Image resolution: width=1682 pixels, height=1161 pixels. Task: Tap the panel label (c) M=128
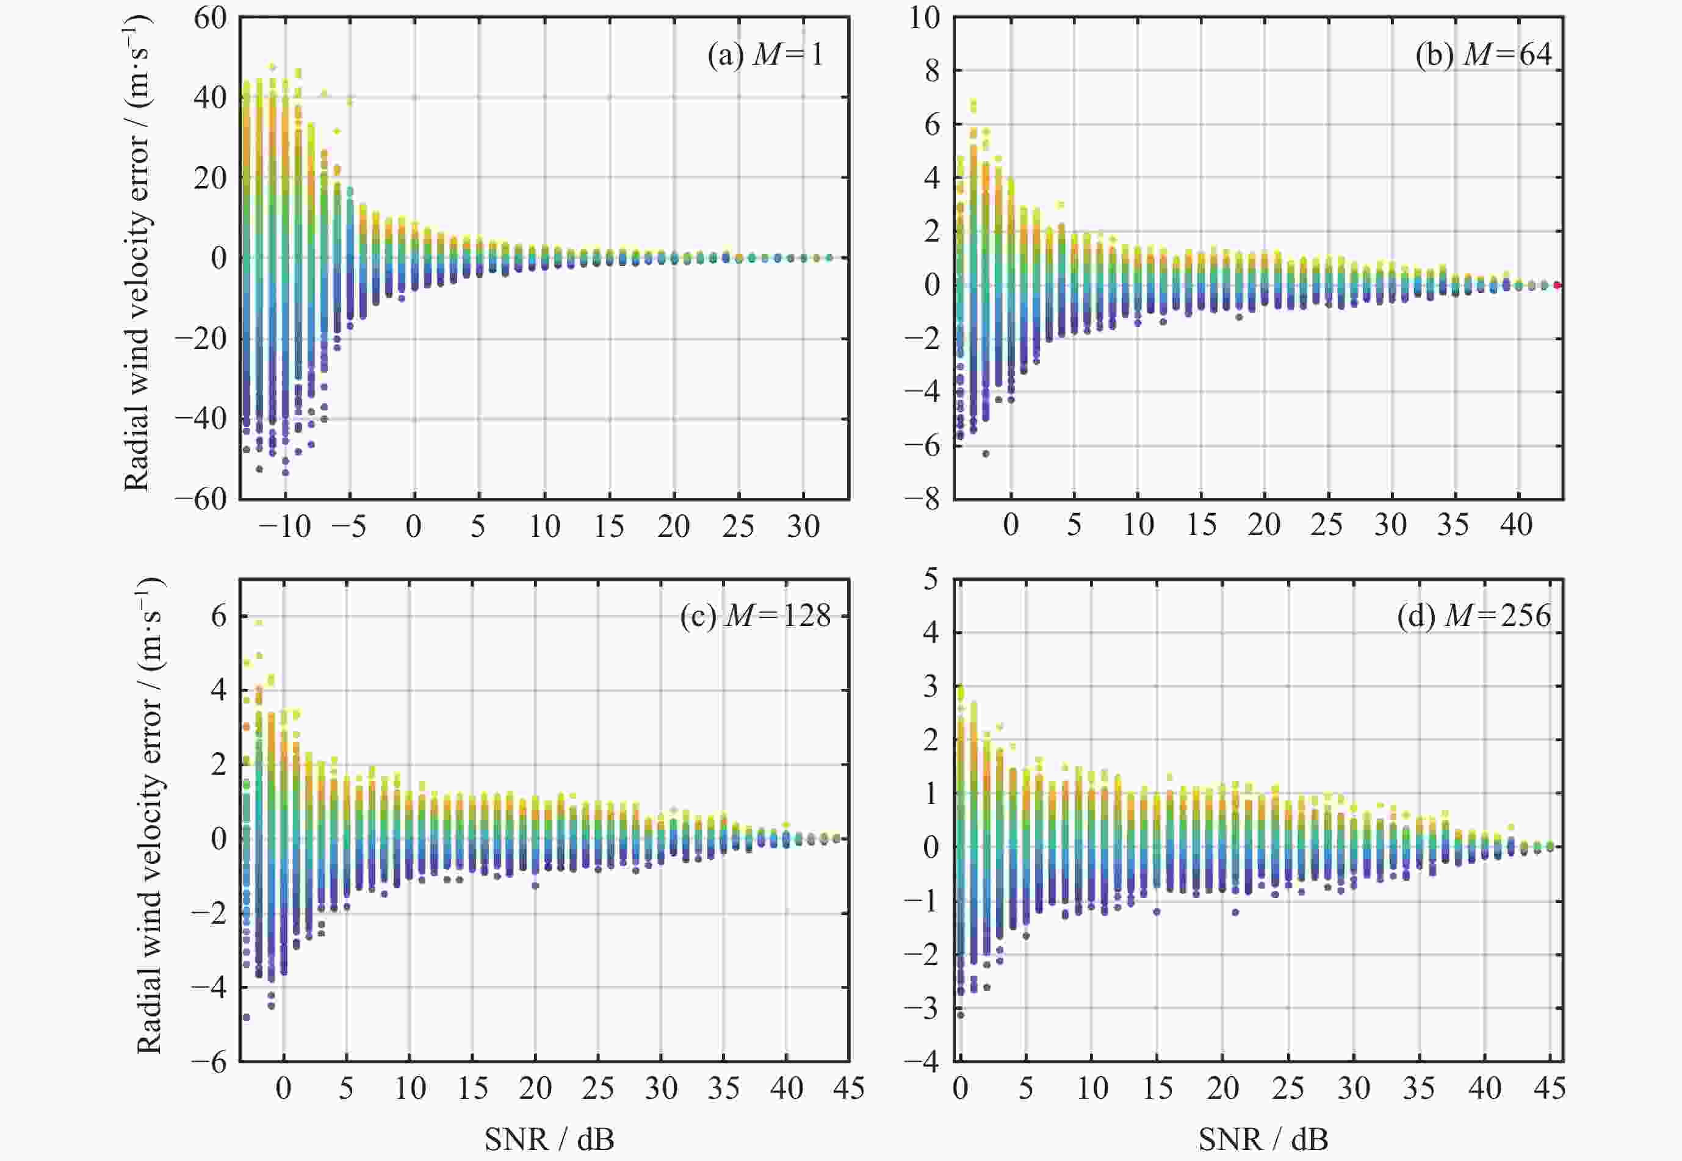[755, 616]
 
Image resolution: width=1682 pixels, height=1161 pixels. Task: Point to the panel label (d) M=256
[1474, 616]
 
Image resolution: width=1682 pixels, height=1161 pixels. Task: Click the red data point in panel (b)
[1557, 285]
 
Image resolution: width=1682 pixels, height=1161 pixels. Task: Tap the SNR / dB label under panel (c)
[549, 1139]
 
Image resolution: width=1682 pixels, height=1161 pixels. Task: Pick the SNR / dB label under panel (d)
[1264, 1139]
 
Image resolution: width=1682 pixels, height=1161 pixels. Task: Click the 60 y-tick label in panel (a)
[210, 18]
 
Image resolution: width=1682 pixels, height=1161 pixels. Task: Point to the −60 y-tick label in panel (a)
[201, 500]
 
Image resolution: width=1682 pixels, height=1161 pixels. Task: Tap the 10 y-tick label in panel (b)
[924, 18]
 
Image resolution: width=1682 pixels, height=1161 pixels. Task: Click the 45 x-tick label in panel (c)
[848, 1089]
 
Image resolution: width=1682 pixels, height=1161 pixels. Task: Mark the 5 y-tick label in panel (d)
[931, 580]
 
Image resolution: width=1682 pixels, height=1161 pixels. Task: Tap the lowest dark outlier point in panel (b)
[986, 454]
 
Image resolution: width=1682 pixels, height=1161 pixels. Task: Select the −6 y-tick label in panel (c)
[209, 1062]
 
